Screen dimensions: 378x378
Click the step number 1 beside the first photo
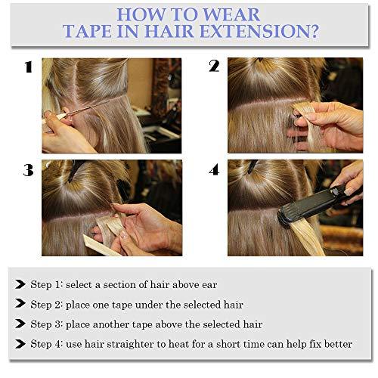(28, 67)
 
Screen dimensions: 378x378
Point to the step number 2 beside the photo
(214, 67)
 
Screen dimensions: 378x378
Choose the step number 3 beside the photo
(28, 170)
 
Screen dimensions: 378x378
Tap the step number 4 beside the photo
(214, 170)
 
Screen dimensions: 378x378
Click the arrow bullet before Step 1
(20, 285)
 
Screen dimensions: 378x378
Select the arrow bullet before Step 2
(20, 305)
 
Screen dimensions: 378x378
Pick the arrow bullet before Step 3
(20, 324)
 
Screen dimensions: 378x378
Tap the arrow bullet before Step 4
(20, 344)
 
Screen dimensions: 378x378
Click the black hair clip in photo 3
(73, 170)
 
